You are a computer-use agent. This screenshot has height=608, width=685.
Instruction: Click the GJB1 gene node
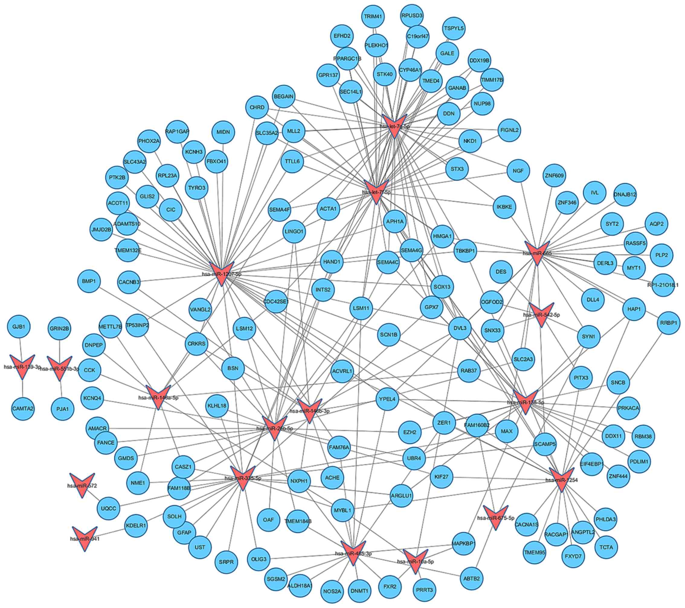pos(19,326)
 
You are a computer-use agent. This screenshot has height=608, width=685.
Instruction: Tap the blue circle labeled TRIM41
pos(373,16)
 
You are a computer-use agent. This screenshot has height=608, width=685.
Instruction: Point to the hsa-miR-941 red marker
pos(85,537)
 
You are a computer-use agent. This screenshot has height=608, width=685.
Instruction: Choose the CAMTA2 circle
pos(23,409)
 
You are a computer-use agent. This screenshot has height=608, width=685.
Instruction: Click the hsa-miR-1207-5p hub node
pos(221,273)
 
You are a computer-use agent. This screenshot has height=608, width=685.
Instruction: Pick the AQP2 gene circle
pos(656,224)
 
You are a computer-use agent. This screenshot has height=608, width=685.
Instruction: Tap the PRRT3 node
pos(425,590)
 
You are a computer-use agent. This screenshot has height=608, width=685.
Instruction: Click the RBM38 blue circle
pos(643,437)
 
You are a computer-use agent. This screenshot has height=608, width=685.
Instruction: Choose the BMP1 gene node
pos(89,281)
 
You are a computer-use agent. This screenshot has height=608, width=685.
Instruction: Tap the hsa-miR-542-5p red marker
pos(541,314)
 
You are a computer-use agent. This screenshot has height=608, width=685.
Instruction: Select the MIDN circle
pos(223,132)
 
